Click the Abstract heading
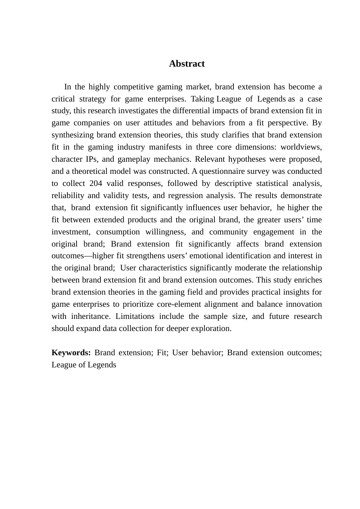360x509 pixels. click(x=187, y=64)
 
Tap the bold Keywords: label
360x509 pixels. click(x=71, y=353)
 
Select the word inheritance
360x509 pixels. click(x=90, y=316)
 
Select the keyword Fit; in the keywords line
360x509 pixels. click(x=162, y=353)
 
